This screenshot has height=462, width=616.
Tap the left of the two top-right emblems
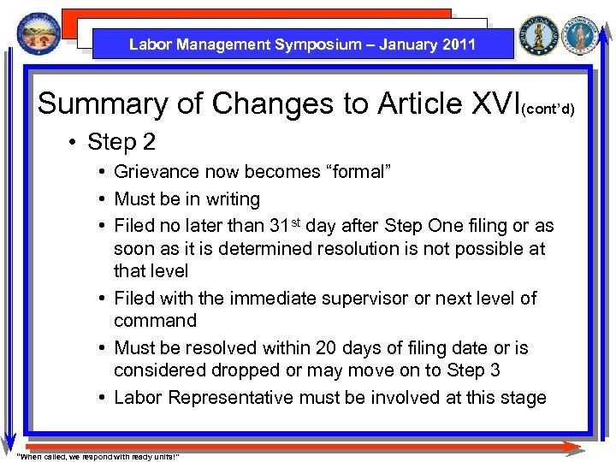click(539, 36)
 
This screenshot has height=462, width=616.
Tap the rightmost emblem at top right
click(583, 36)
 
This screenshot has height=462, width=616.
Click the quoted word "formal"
click(354, 172)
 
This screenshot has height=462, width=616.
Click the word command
click(155, 321)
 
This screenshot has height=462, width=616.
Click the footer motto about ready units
click(98, 456)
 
